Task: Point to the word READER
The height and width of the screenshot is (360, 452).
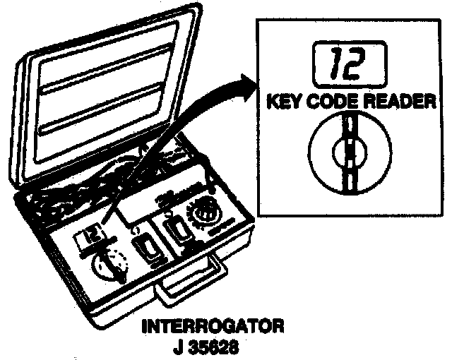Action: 395,101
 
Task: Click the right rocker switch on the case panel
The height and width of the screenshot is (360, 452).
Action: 174,231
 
